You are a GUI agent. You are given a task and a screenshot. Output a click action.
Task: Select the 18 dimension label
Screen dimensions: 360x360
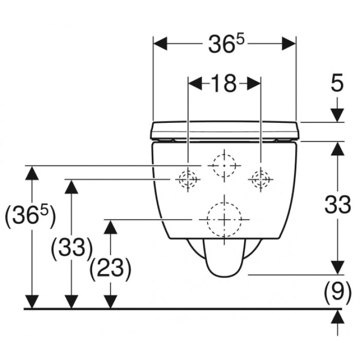tap(224, 83)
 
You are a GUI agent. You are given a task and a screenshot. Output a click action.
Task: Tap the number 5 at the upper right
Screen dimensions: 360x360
tap(337, 82)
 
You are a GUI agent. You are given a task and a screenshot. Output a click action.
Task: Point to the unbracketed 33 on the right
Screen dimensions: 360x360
tap(337, 204)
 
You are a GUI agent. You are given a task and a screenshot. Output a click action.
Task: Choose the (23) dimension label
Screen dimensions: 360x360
tap(111, 268)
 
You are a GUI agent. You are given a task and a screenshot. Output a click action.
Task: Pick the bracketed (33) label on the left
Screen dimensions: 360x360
tap(71, 248)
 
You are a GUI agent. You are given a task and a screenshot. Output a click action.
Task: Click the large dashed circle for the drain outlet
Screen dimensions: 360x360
tap(224, 220)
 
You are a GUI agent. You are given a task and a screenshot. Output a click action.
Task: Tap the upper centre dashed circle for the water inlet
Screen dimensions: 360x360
tap(224, 165)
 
